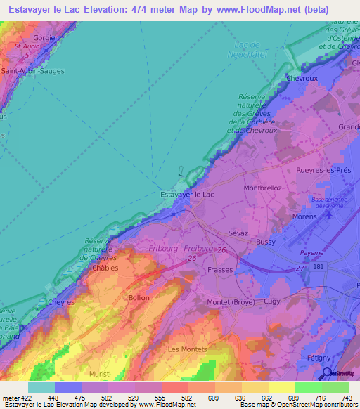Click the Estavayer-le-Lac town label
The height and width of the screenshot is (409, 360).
pos(188,194)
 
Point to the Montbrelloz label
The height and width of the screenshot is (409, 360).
pos(262,188)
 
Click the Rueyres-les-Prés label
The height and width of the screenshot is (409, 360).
pos(323,169)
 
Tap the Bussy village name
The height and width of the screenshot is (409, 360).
pos(266,242)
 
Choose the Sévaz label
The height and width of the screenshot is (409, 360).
pos(238,233)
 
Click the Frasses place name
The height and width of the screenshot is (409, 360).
pos(221,269)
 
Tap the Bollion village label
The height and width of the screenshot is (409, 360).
pos(139,299)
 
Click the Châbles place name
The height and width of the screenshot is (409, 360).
pos(105,268)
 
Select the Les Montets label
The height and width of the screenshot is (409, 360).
pos(187,349)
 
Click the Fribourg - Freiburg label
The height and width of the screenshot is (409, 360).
pos(181,247)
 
